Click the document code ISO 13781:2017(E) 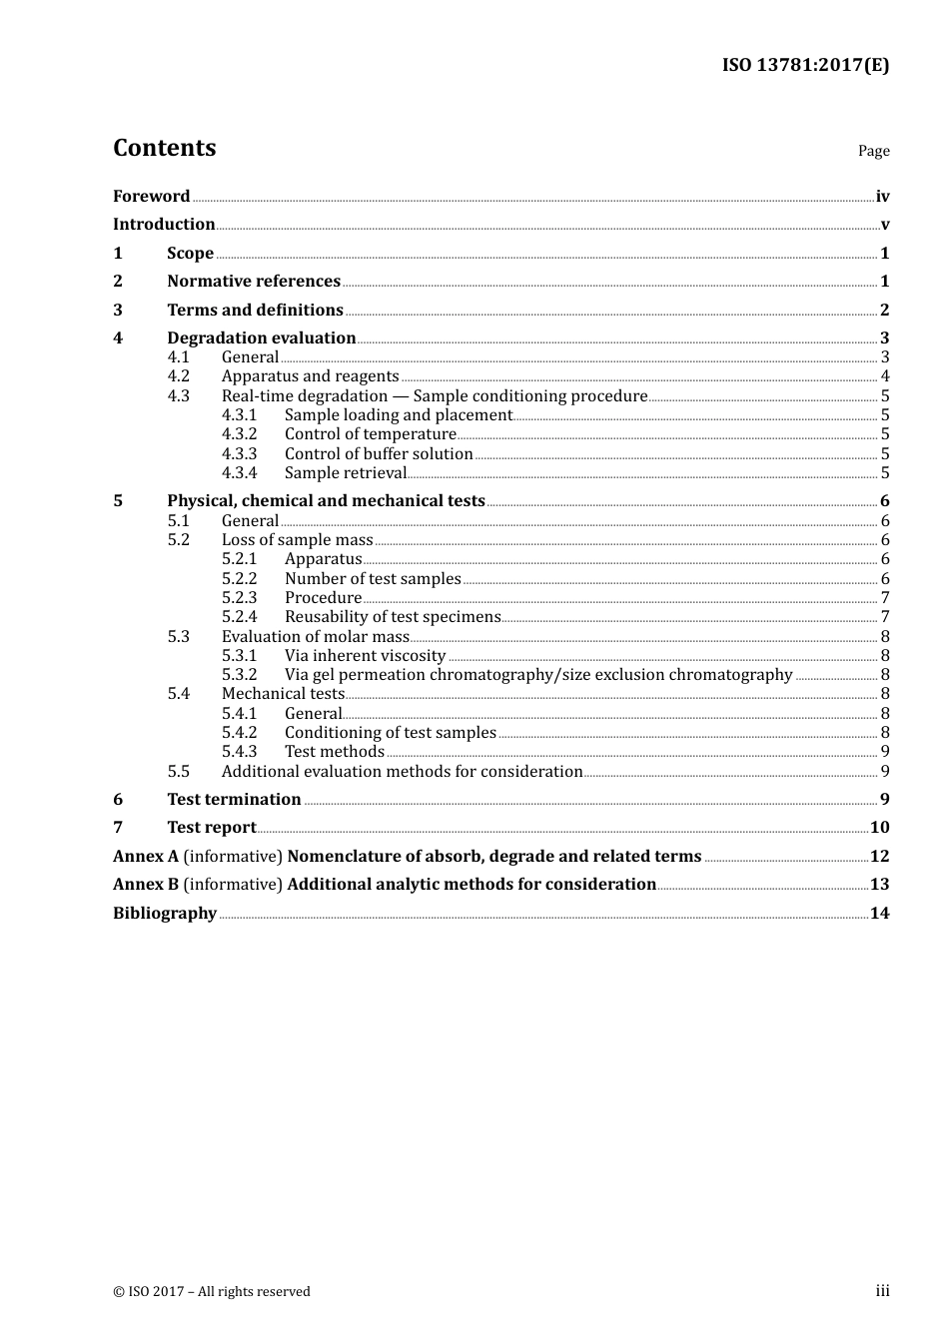coord(805,66)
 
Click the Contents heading coord(164,148)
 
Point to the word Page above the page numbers coord(873,151)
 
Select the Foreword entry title coord(151,197)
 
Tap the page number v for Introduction coord(884,225)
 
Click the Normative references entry coord(254,282)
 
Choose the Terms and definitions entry coord(255,311)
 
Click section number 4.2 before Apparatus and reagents coord(178,376)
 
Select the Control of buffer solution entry coord(379,454)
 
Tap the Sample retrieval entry coord(346,473)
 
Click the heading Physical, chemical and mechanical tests coord(326,501)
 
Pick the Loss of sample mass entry coord(297,540)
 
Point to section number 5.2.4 coord(239,617)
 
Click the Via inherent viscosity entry coord(365,656)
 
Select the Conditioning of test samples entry coord(390,733)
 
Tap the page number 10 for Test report coord(879,828)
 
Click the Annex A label coord(146,857)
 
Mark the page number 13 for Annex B coord(879,885)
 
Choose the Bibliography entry coord(165,914)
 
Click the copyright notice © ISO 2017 coord(212,1292)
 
